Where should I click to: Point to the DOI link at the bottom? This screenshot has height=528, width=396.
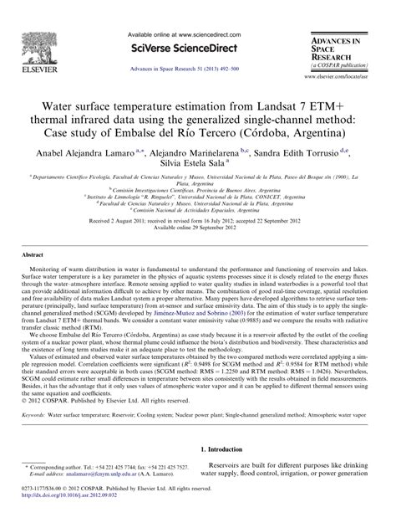[x=73, y=518]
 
